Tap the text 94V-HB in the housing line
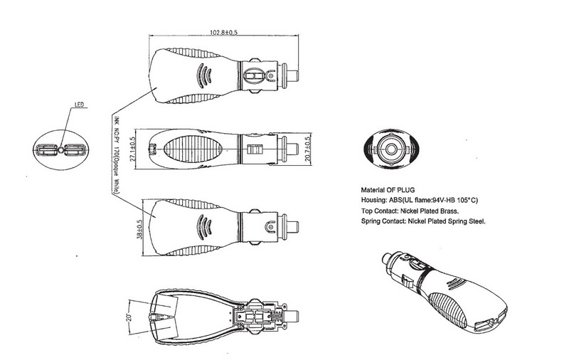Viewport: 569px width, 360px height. [x=449, y=201]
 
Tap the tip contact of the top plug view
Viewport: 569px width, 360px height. [x=298, y=75]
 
